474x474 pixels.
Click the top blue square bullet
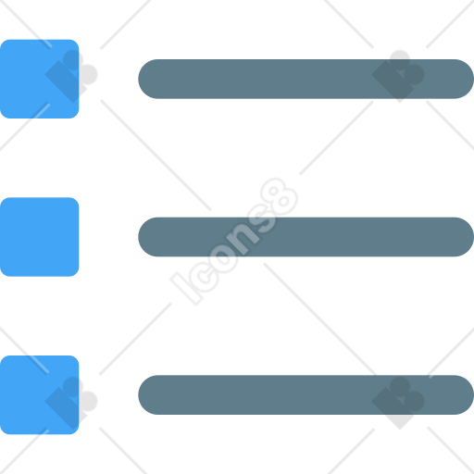pos(40,79)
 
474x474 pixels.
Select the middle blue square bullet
pos(40,237)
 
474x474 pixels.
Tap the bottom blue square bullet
pos(40,395)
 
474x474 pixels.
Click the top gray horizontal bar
pos(306,79)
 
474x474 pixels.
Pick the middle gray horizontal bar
pos(306,237)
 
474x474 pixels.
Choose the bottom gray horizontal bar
pos(306,395)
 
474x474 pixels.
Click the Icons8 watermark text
pos(234,242)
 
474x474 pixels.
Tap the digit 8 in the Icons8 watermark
pos(280,196)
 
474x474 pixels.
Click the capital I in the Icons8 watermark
pos(186,289)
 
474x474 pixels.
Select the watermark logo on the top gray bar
pos(398,76)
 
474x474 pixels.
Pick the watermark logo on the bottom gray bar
pos(398,403)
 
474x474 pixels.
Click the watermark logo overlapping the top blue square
pos(71,76)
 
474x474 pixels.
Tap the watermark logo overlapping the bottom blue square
pos(71,403)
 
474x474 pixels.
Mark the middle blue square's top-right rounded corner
pos(76,200)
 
